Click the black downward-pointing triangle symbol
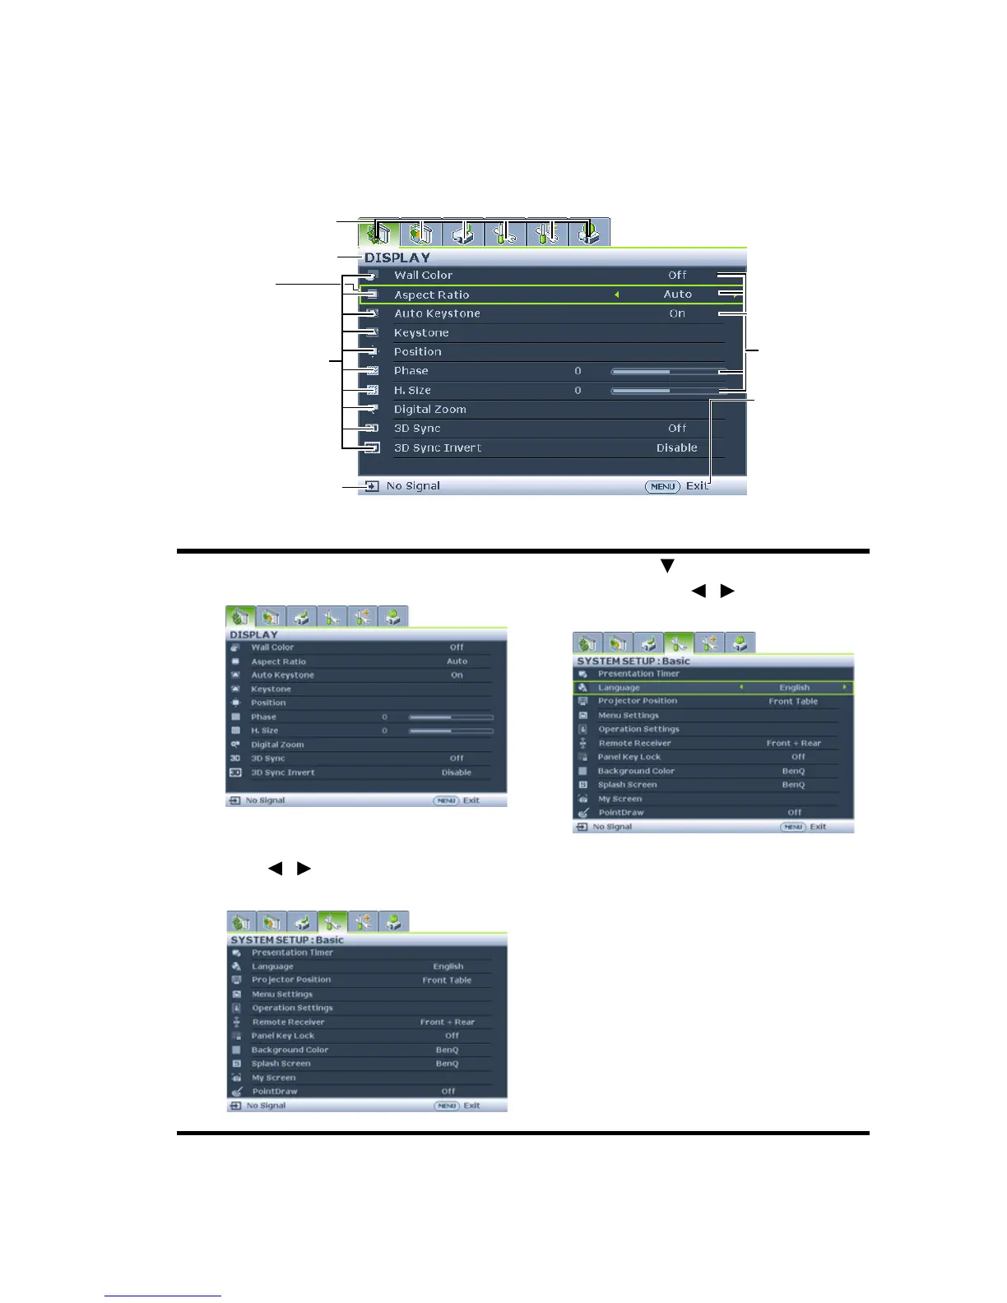click(x=667, y=566)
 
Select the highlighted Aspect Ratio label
click(x=431, y=294)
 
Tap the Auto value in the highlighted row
click(x=677, y=294)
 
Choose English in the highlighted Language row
click(x=794, y=688)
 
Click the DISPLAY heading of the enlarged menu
click(x=397, y=257)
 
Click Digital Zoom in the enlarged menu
click(x=429, y=410)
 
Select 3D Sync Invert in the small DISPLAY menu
click(x=283, y=772)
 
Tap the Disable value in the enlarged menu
click(x=676, y=447)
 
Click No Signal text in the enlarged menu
click(x=413, y=486)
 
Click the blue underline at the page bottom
click(x=163, y=1296)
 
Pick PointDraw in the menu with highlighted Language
click(x=621, y=813)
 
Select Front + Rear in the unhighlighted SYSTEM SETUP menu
click(x=447, y=1022)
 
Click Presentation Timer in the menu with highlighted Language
click(x=638, y=674)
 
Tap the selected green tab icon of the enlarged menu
click(x=378, y=234)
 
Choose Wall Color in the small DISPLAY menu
click(x=272, y=647)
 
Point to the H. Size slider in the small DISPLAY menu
click(x=451, y=730)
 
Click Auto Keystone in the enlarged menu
click(x=437, y=313)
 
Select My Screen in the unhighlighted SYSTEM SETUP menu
click(x=274, y=1078)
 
